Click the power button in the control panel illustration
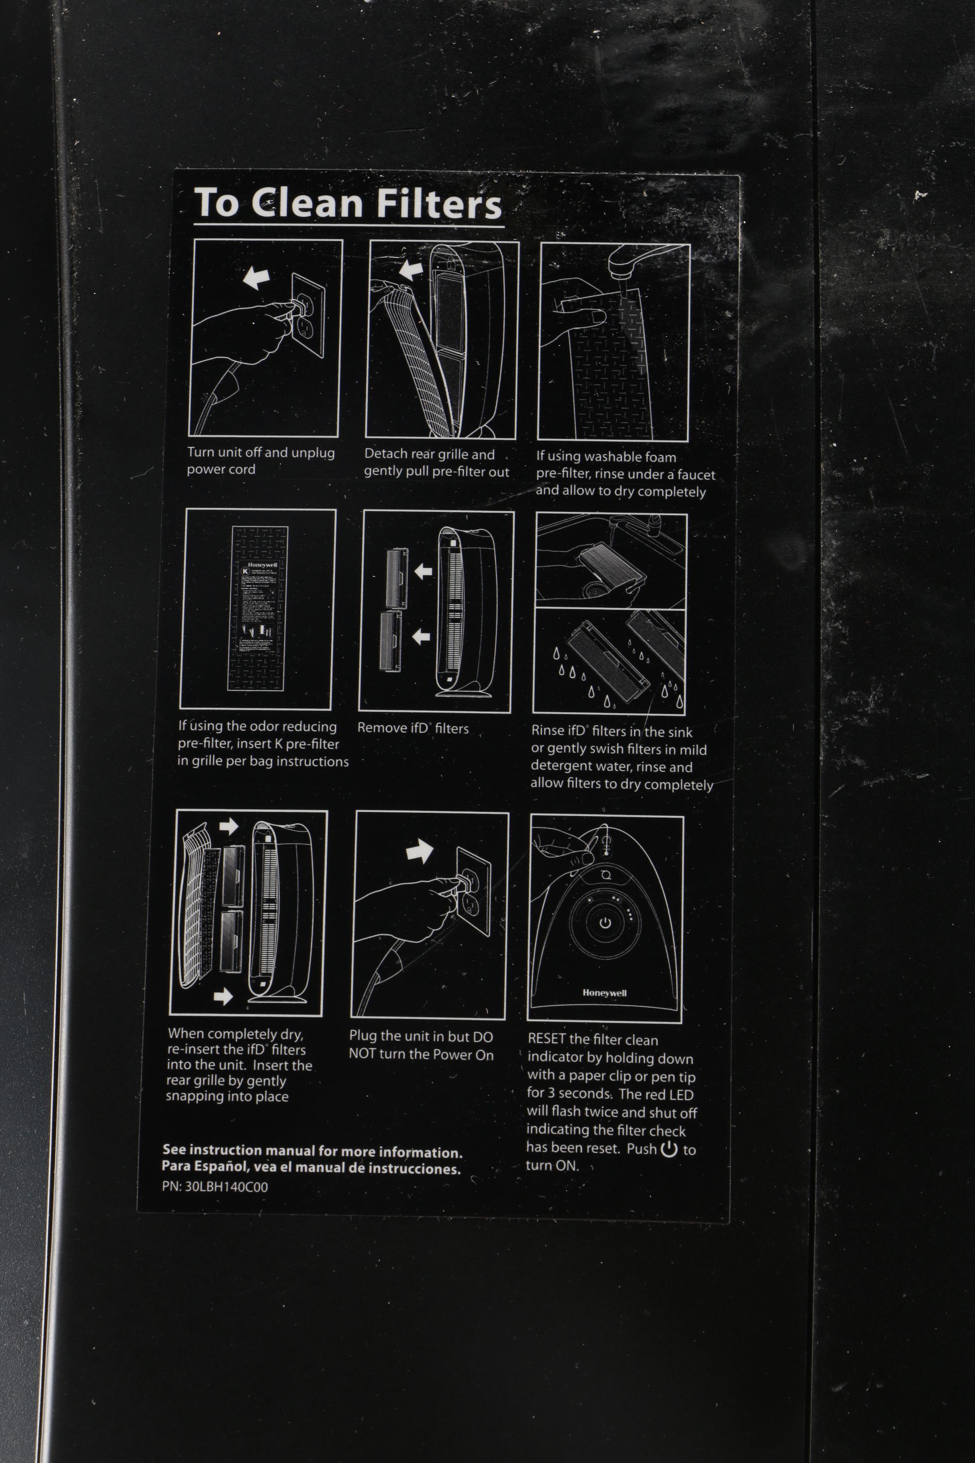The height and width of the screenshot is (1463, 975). [605, 923]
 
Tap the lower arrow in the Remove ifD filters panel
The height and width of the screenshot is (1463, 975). [422, 636]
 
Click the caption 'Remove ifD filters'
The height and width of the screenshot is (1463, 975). [413, 728]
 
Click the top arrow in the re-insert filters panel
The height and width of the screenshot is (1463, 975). [229, 826]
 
